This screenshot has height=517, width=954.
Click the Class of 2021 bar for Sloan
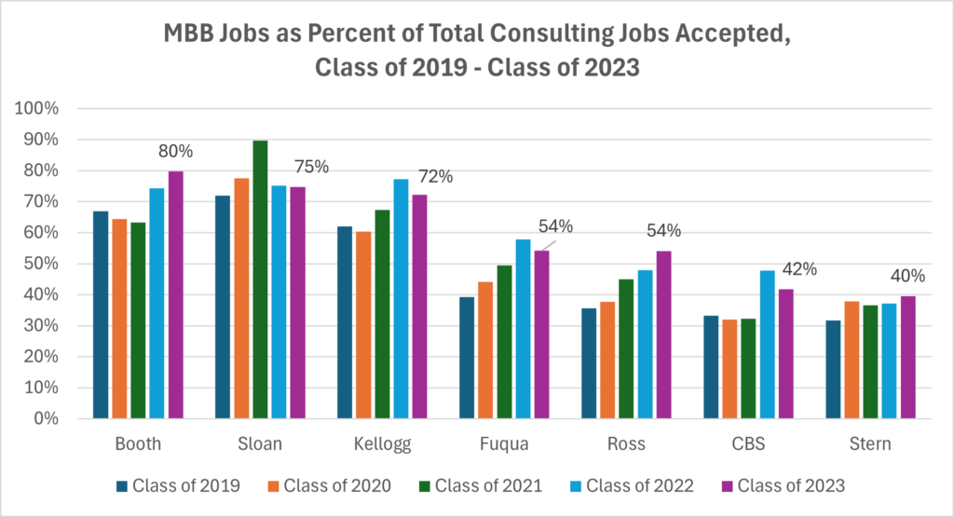(x=260, y=279)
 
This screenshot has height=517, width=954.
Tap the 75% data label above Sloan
(x=311, y=167)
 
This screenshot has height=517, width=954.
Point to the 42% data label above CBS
(x=798, y=269)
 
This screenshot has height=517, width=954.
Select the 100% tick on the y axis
(x=39, y=109)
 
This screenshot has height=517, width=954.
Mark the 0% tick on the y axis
(x=48, y=419)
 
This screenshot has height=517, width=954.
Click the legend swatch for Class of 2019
(x=121, y=485)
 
